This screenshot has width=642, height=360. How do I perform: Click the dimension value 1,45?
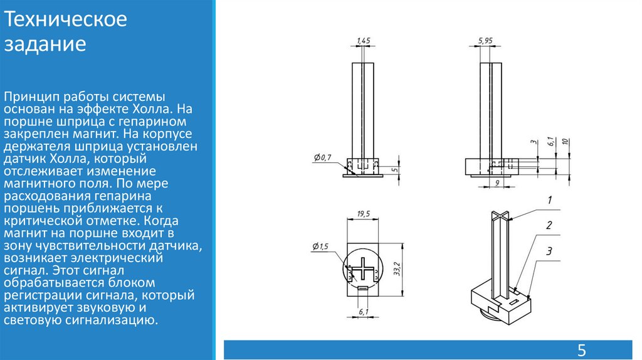pyautogui.click(x=363, y=41)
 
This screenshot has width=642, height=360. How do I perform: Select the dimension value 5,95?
pyautogui.click(x=485, y=41)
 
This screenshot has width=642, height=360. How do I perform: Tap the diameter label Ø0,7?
pyautogui.click(x=323, y=157)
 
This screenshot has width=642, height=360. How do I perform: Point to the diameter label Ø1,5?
pyautogui.click(x=320, y=246)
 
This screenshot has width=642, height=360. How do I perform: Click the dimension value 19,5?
pyautogui.click(x=363, y=214)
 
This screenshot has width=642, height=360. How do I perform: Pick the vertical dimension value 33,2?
pyautogui.click(x=396, y=268)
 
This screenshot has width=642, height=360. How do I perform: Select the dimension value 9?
pyautogui.click(x=497, y=183)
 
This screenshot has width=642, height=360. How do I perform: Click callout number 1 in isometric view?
pyautogui.click(x=549, y=200)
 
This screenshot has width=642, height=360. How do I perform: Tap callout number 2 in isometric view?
pyautogui.click(x=549, y=225)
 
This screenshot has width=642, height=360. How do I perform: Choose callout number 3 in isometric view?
pyautogui.click(x=549, y=251)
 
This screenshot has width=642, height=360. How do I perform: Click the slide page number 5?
pyautogui.click(x=581, y=351)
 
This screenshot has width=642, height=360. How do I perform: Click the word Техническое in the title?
pyautogui.click(x=65, y=19)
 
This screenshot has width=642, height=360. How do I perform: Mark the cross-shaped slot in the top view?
pyautogui.click(x=363, y=269)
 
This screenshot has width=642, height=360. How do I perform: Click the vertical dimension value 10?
pyautogui.click(x=565, y=142)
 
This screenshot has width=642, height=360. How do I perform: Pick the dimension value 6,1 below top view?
pyautogui.click(x=363, y=312)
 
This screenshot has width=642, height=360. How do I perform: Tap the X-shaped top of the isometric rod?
pyautogui.click(x=500, y=216)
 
